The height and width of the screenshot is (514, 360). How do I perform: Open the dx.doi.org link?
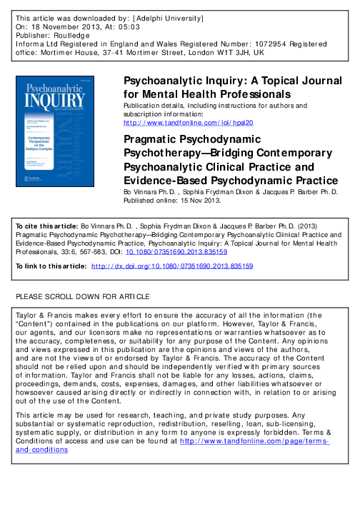coord(181,266)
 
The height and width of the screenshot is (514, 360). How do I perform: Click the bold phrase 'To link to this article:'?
coord(51,266)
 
